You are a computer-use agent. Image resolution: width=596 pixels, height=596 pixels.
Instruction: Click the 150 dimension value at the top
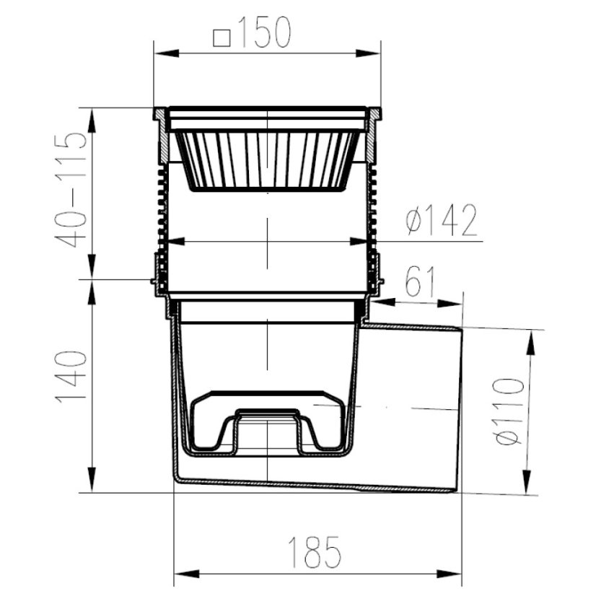click(x=266, y=32)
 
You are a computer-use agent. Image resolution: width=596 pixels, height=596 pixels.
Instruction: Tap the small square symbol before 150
click(x=222, y=38)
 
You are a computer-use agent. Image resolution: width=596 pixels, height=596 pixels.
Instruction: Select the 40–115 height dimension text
click(x=71, y=190)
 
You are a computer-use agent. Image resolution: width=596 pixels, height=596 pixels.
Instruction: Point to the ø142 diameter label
click(x=442, y=221)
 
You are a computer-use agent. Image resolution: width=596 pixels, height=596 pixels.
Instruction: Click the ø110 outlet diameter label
click(x=509, y=411)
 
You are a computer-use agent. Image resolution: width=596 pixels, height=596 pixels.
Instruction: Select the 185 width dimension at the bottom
click(x=314, y=552)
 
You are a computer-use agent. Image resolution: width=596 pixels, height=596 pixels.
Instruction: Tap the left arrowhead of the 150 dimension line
click(x=166, y=53)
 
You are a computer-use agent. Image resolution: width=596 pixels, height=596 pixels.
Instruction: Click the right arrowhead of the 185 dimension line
click(x=450, y=574)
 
